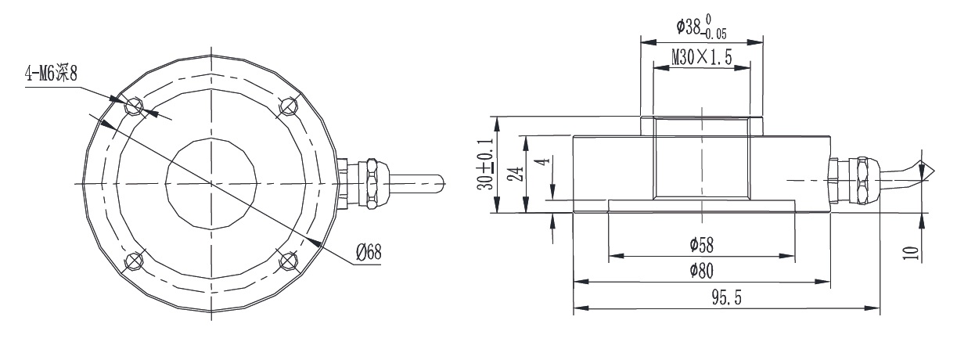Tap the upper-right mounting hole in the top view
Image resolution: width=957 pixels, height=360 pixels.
(289, 105)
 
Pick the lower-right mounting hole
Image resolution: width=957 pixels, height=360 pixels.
(287, 260)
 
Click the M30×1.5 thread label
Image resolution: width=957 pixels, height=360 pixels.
(702, 57)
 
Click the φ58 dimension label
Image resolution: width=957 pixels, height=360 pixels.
(701, 245)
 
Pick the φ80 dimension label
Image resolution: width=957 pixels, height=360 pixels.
(701, 271)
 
